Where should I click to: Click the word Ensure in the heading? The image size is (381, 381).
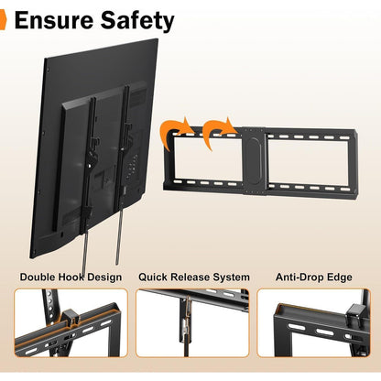tap(54, 20)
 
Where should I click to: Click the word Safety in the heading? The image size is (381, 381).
tap(137, 21)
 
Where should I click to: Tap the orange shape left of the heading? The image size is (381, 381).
tap(3, 20)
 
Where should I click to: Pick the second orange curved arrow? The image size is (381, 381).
tap(216, 132)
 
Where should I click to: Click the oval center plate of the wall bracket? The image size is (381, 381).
tap(254, 160)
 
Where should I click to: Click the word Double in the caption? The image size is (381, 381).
tap(38, 278)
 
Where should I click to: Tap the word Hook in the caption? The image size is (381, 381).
tap(71, 278)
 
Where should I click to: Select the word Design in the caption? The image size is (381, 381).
tap(104, 278)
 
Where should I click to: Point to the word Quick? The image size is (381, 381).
tap(153, 278)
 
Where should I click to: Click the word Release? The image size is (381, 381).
tap(190, 278)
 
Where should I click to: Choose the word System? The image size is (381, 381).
tap(232, 278)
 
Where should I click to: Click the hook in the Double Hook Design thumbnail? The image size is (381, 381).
tap(71, 318)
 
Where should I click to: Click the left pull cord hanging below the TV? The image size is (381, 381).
tap(85, 248)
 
